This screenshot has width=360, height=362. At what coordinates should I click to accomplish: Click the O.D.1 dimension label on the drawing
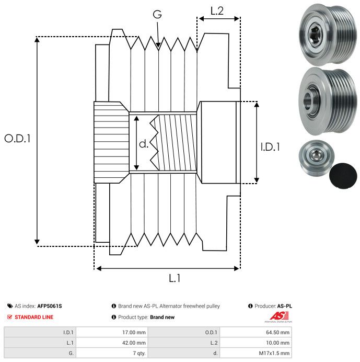18,139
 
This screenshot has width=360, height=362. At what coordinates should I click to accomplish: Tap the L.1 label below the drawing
175,279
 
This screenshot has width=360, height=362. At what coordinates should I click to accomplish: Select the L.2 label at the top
217,10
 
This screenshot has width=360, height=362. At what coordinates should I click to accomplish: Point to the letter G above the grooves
157,15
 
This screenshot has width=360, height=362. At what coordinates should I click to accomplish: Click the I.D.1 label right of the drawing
271,148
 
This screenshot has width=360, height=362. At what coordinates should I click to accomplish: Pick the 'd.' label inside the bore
144,144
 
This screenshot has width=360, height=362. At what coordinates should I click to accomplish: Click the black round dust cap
343,175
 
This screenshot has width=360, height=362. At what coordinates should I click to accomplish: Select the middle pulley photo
326,100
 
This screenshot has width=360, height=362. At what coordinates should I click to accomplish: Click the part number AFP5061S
53,306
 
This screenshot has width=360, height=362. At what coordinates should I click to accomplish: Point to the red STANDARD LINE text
34,317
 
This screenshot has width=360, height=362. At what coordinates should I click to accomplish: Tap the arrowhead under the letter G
158,47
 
